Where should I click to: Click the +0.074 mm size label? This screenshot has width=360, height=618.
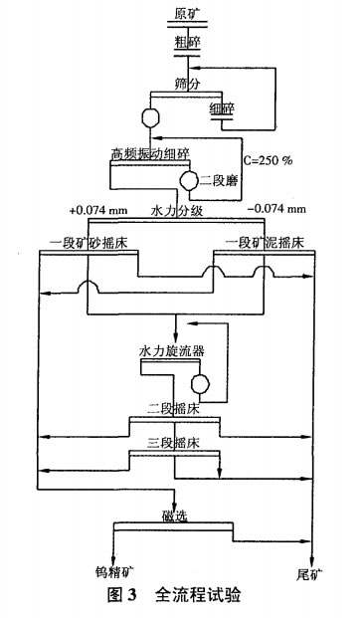(96, 212)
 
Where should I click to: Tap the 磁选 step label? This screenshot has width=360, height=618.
(174, 515)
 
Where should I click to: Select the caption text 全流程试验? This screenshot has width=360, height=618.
(198, 597)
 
